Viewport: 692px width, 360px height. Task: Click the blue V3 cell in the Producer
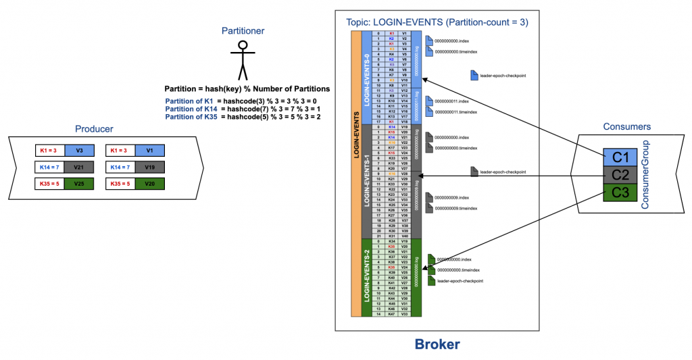click(79, 150)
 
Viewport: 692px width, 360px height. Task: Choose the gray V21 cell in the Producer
click(79, 167)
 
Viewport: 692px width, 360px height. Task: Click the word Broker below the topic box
click(437, 344)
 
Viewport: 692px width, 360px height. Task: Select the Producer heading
click(95, 129)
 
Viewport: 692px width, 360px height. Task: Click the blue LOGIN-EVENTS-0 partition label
click(367, 78)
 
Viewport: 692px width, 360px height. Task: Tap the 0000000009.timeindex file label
click(456, 209)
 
